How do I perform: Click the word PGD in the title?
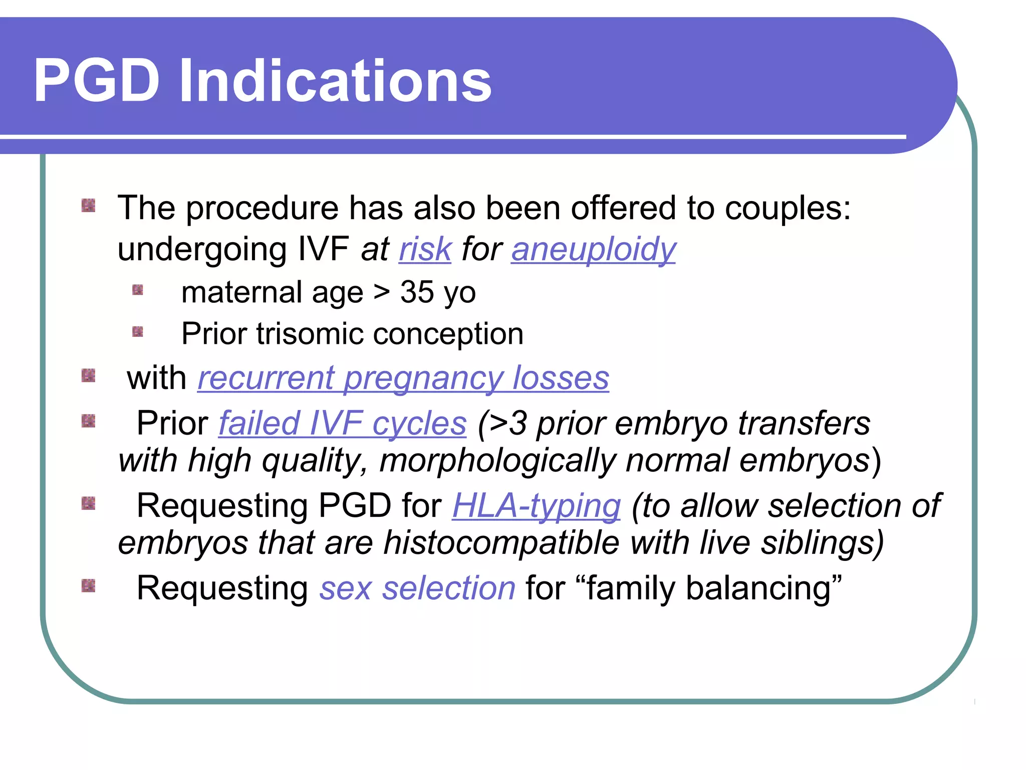96,81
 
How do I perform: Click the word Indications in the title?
335,81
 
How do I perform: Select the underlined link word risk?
425,249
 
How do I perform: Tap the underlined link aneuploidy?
593,249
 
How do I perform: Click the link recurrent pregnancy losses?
403,378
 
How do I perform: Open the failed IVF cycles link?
343,424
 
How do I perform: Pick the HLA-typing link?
536,506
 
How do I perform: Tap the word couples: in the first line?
788,208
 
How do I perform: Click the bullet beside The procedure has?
88,206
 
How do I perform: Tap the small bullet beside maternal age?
138,290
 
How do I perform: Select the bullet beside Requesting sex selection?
88,586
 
